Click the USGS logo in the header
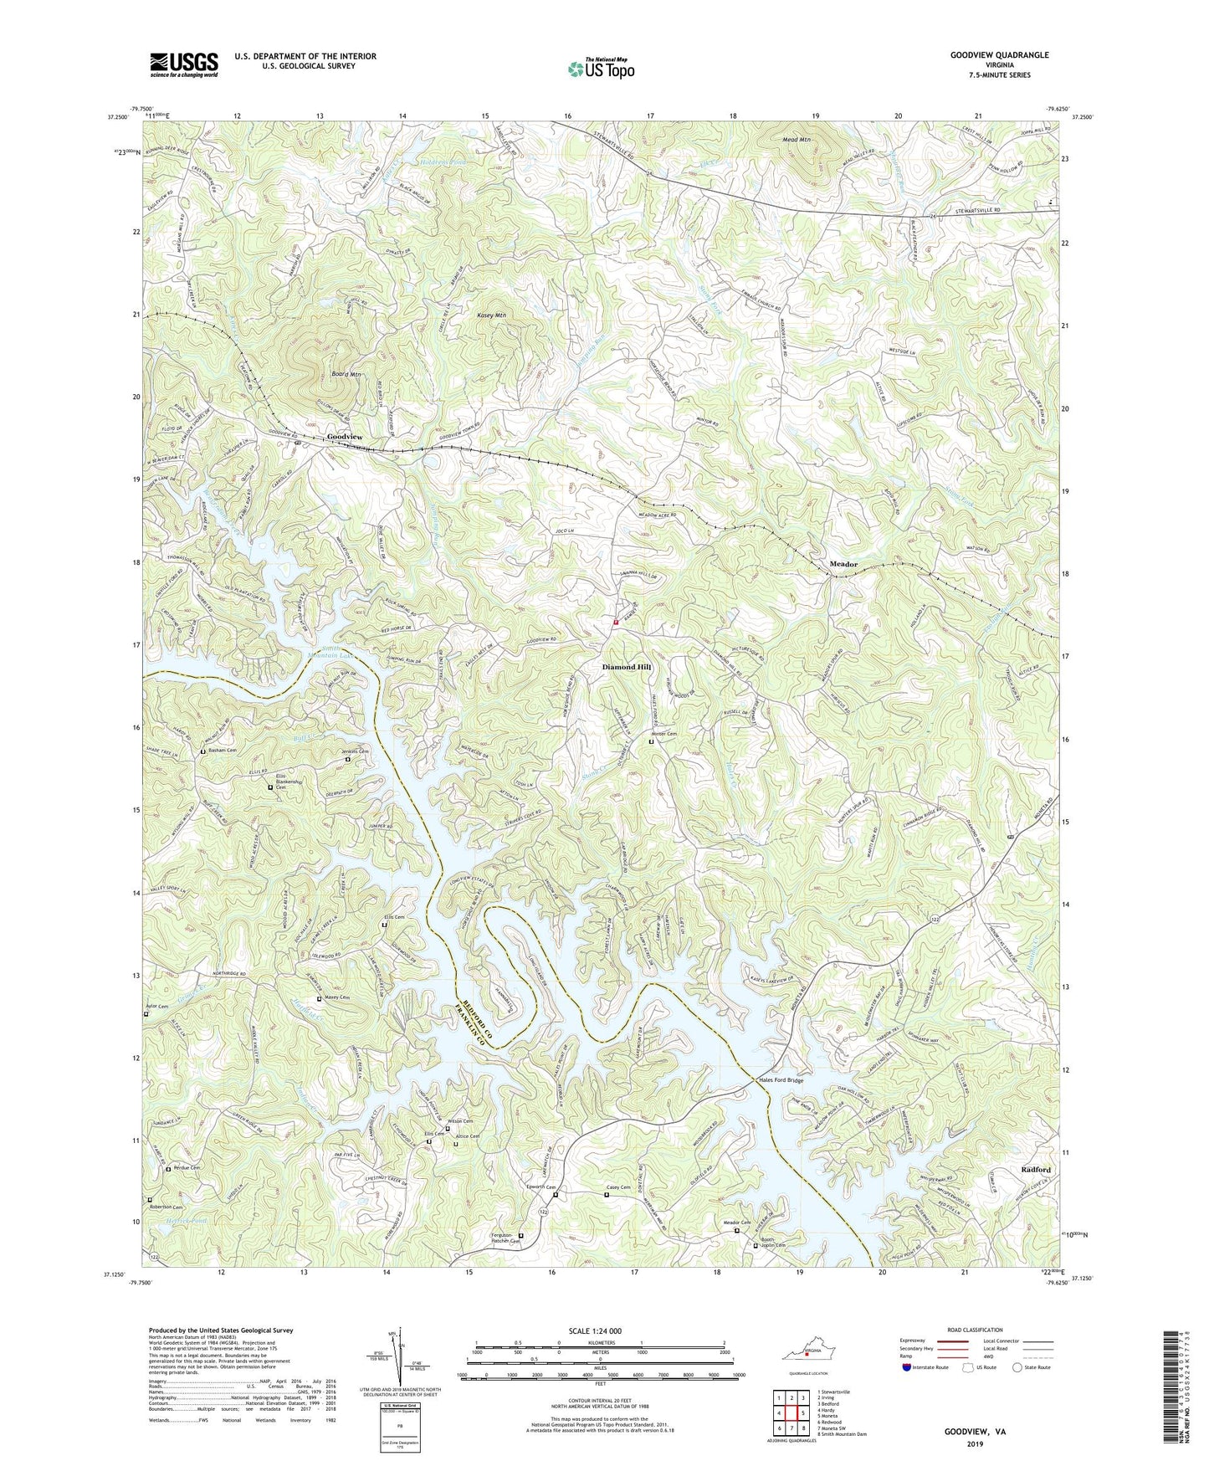point(184,64)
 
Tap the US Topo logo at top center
point(601,69)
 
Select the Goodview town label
point(345,438)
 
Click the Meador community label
point(843,565)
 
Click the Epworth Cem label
point(540,1187)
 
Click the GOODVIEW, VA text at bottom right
point(975,1432)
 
